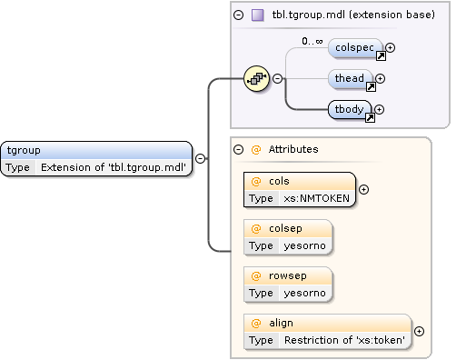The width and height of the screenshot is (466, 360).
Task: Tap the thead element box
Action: [x=351, y=79]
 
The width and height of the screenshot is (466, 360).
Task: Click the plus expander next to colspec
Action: [x=391, y=47]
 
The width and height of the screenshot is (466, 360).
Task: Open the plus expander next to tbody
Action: [x=380, y=110]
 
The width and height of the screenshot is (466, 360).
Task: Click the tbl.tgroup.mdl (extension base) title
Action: [x=353, y=15]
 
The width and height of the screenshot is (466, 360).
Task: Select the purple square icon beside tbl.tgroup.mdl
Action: [x=257, y=15]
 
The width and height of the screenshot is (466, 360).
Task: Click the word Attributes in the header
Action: [x=292, y=149]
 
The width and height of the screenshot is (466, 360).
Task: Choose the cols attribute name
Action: [x=279, y=180]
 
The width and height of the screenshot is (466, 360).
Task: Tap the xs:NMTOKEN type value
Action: [x=316, y=197]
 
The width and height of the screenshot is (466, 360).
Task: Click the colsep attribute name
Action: [x=284, y=228]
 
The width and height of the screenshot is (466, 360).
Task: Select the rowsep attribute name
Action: [x=286, y=275]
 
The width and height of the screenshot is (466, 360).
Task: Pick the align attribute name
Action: [x=281, y=323]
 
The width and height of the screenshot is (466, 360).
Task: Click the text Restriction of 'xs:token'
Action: [x=344, y=340]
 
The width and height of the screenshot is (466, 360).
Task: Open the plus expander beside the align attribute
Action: [x=419, y=331]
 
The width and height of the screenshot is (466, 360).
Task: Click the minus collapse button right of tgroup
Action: [x=200, y=158]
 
